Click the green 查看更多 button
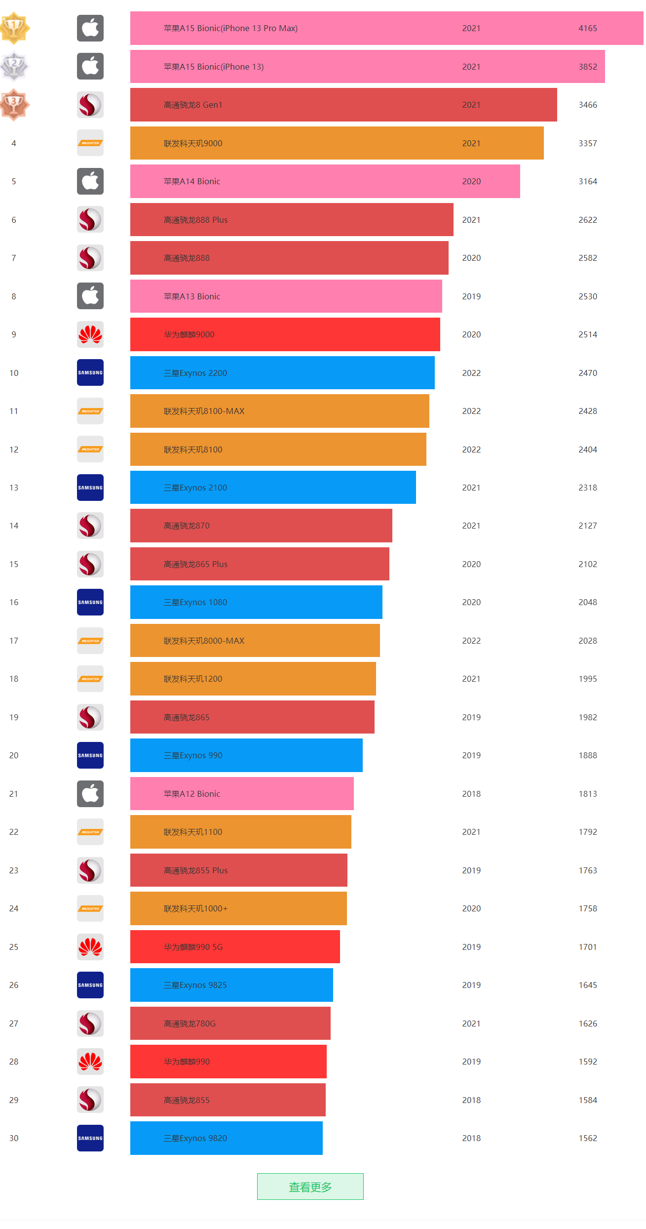[310, 1187]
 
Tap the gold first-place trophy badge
[14, 28]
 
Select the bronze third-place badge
[14, 104]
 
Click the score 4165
[587, 28]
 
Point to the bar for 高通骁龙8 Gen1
[343, 105]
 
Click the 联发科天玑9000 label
[193, 143]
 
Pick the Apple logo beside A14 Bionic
[90, 181]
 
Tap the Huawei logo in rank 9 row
[90, 334]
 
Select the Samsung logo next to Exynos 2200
[90, 372]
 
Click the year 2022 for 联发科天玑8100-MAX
[471, 411]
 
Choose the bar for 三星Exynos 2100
[272, 488]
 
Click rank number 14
[14, 526]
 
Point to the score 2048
[587, 602]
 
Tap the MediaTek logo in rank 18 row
[90, 679]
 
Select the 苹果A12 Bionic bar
[242, 794]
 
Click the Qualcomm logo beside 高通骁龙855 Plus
[90, 870]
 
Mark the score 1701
[587, 947]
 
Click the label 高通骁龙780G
[190, 1024]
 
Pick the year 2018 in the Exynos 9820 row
[471, 1138]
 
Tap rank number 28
[14, 1062]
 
